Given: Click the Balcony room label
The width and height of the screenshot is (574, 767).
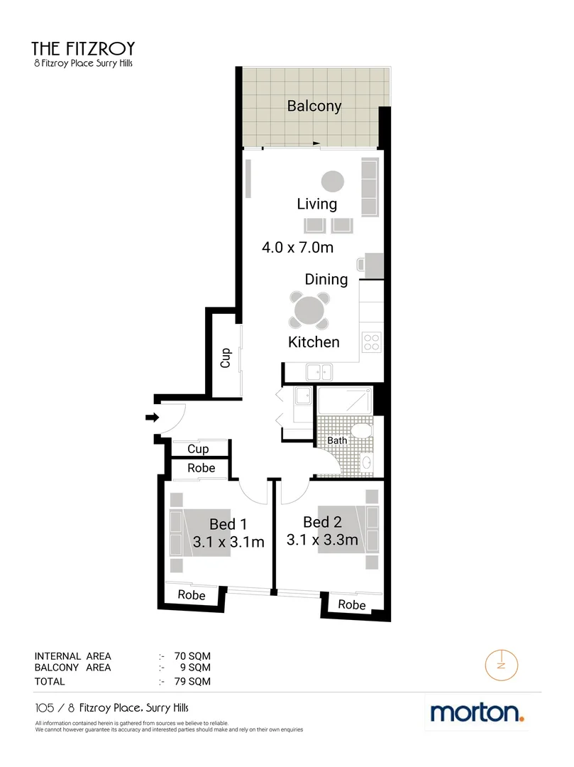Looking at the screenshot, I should (314, 107).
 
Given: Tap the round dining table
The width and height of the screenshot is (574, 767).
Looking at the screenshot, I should (310, 310).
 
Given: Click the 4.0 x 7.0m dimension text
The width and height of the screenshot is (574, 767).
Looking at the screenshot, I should (298, 248).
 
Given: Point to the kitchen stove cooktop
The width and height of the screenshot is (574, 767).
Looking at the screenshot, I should (371, 342).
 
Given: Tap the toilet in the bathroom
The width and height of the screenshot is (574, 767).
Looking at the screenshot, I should (363, 430).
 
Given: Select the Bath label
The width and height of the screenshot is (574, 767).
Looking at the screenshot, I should (337, 441).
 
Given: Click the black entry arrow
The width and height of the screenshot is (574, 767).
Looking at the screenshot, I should (151, 418).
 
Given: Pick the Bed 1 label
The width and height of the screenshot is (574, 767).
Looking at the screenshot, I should (228, 525).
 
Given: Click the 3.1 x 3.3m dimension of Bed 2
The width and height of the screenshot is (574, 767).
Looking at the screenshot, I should (321, 540).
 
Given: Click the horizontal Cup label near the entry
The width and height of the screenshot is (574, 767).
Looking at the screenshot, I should (198, 450).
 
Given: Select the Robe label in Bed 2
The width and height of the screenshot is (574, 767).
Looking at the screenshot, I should (352, 605).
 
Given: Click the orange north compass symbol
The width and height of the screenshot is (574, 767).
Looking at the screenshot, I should (501, 663).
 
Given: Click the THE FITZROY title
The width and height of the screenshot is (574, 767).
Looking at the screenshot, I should (83, 49).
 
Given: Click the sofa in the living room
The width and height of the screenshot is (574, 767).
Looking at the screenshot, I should (370, 187).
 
